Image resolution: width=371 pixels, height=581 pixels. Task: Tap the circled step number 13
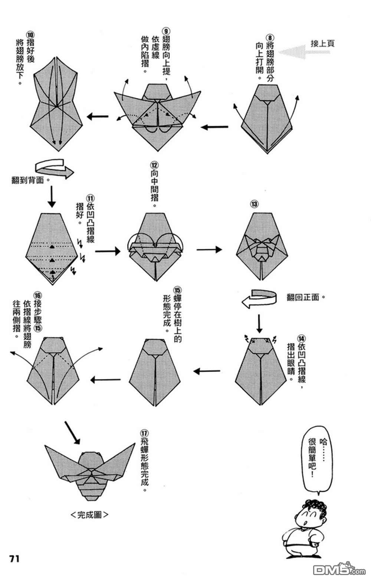coord(254,204)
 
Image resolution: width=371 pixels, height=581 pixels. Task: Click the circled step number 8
coord(270,38)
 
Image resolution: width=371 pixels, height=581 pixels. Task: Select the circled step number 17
coord(144,434)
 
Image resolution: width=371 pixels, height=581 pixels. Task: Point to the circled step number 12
coord(154,165)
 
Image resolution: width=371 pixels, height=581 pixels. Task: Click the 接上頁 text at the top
coord(322,43)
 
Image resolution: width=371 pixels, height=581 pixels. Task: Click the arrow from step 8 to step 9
coord(214,127)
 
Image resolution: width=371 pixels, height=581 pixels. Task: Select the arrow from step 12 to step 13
coord(209,250)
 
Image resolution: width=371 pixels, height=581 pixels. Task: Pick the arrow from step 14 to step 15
coord(207,371)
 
